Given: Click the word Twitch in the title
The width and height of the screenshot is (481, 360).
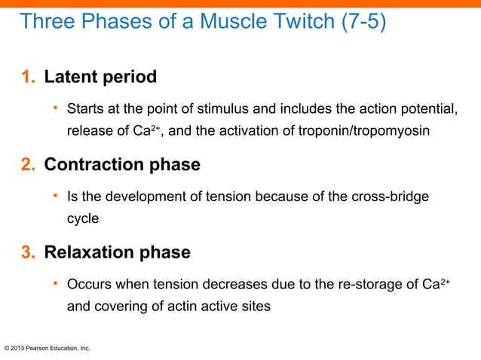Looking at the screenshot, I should pyautogui.click(x=293, y=22).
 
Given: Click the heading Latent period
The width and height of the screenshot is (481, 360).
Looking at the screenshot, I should pyautogui.click(x=100, y=77).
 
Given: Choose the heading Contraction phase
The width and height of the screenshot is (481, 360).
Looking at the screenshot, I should pyautogui.click(x=122, y=165).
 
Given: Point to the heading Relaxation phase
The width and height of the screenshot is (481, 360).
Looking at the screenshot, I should pyautogui.click(x=117, y=252).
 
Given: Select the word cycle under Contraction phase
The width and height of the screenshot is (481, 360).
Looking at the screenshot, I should pyautogui.click(x=83, y=219).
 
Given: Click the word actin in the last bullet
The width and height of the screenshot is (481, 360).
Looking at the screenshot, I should pyautogui.click(x=167, y=307).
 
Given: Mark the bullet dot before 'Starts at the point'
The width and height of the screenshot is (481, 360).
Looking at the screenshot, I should pyautogui.click(x=55, y=109).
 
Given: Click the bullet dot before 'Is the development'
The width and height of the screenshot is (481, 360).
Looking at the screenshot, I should pyautogui.click(x=55, y=197).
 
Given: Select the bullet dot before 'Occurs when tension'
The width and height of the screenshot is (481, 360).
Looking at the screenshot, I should pyautogui.click(x=55, y=284).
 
